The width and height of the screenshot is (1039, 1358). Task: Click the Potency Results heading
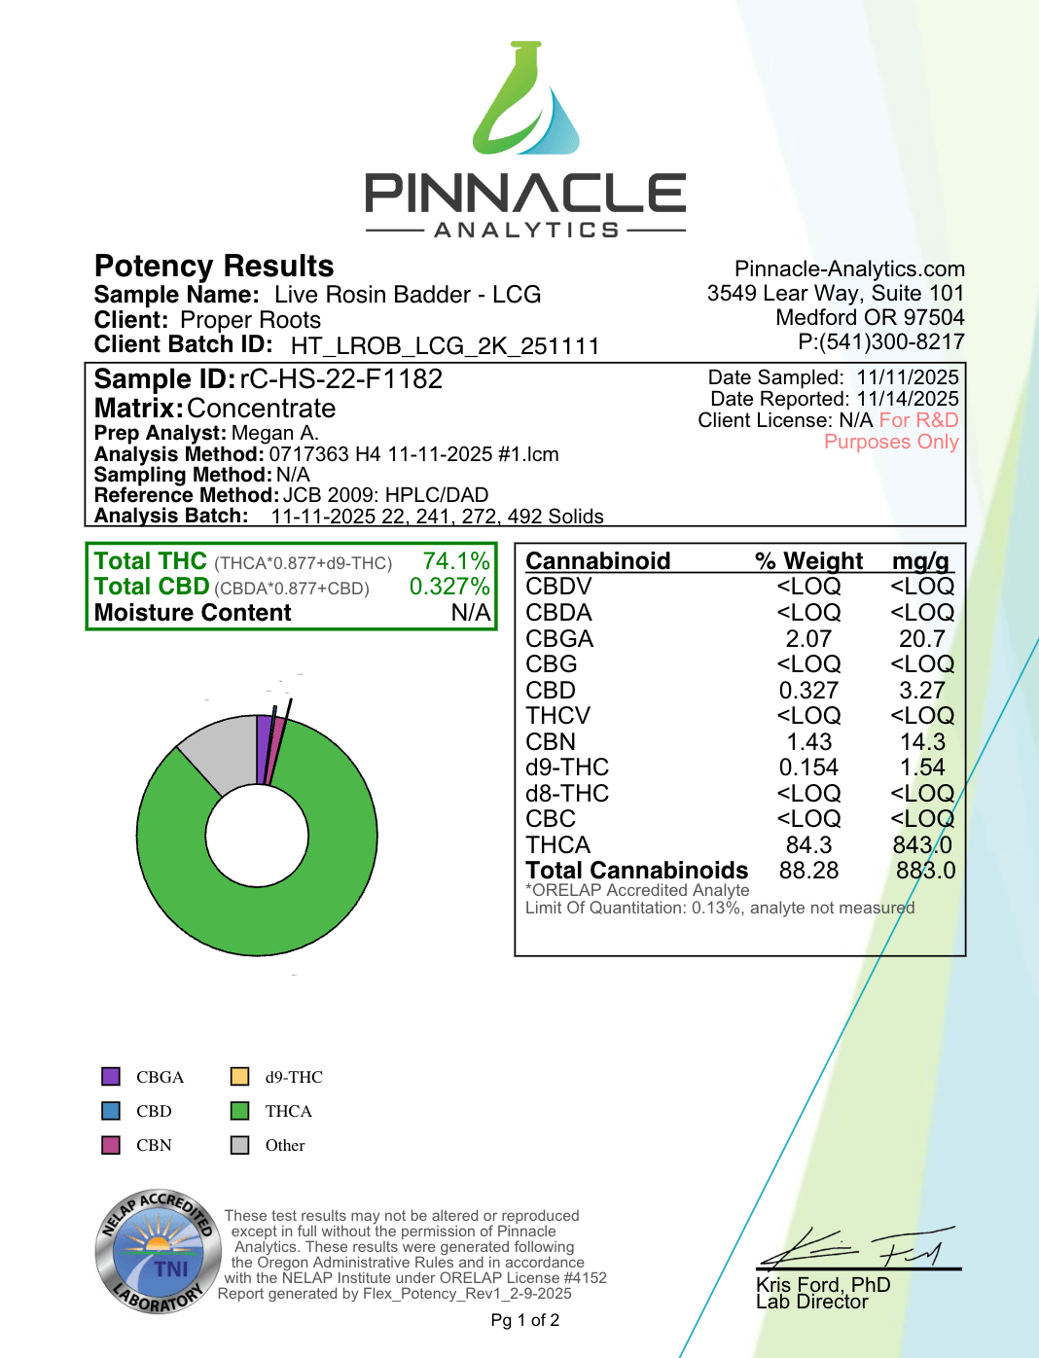(214, 267)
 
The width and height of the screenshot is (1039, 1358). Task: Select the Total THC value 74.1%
(456, 561)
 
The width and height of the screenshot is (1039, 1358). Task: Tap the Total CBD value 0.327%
(449, 587)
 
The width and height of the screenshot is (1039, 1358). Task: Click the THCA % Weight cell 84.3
(808, 845)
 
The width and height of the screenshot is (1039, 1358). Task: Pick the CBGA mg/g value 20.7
(921, 639)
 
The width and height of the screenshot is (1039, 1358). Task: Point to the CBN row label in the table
(551, 742)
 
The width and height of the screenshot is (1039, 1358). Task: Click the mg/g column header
(920, 561)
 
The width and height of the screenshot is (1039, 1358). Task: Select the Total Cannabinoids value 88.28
(808, 871)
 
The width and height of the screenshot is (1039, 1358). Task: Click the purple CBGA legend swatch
(111, 1077)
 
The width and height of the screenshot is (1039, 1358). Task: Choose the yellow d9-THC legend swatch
(239, 1077)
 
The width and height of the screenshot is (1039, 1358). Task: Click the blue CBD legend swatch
(111, 1111)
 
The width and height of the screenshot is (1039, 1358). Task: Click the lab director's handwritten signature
(856, 1247)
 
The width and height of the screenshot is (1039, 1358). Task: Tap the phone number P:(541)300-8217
(880, 342)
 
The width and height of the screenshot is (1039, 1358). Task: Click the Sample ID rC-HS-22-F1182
(340, 379)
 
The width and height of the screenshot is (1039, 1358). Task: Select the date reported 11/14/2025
(908, 399)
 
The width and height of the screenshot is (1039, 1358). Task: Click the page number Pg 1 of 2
(524, 1320)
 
